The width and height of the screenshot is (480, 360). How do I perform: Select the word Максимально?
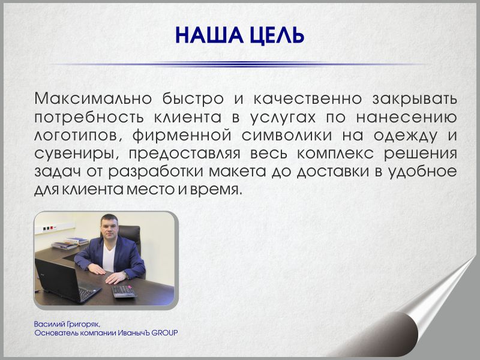[x=93, y=98]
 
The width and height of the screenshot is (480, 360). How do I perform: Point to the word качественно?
[x=308, y=98]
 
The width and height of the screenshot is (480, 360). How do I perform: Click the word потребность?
[x=89, y=118]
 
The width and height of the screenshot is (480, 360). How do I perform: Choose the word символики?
[x=287, y=136]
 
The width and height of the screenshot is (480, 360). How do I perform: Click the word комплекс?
[x=335, y=154]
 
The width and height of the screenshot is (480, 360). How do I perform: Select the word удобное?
[x=423, y=172]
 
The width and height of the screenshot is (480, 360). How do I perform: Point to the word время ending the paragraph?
[x=214, y=190]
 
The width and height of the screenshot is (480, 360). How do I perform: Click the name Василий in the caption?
[x=49, y=324]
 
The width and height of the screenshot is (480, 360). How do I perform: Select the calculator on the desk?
[x=124, y=291]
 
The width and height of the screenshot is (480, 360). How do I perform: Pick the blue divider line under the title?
[x=239, y=64]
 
